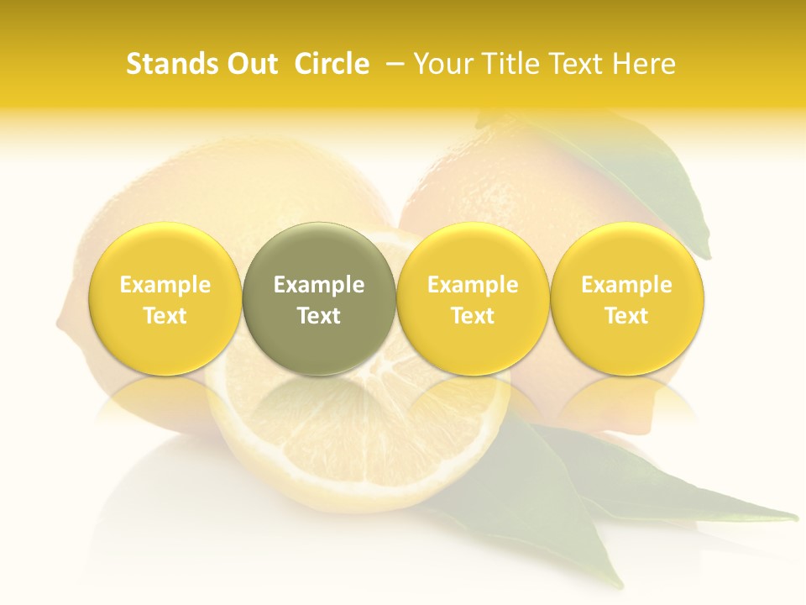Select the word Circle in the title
(x=332, y=64)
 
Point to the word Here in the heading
(x=644, y=64)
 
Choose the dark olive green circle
(x=319, y=299)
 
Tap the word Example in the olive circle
(x=319, y=285)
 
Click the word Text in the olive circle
(x=319, y=316)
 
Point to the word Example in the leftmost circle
(x=165, y=285)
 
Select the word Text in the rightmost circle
(x=627, y=316)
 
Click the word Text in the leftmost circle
(x=165, y=316)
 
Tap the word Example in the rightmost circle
(x=627, y=285)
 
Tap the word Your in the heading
(x=444, y=64)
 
